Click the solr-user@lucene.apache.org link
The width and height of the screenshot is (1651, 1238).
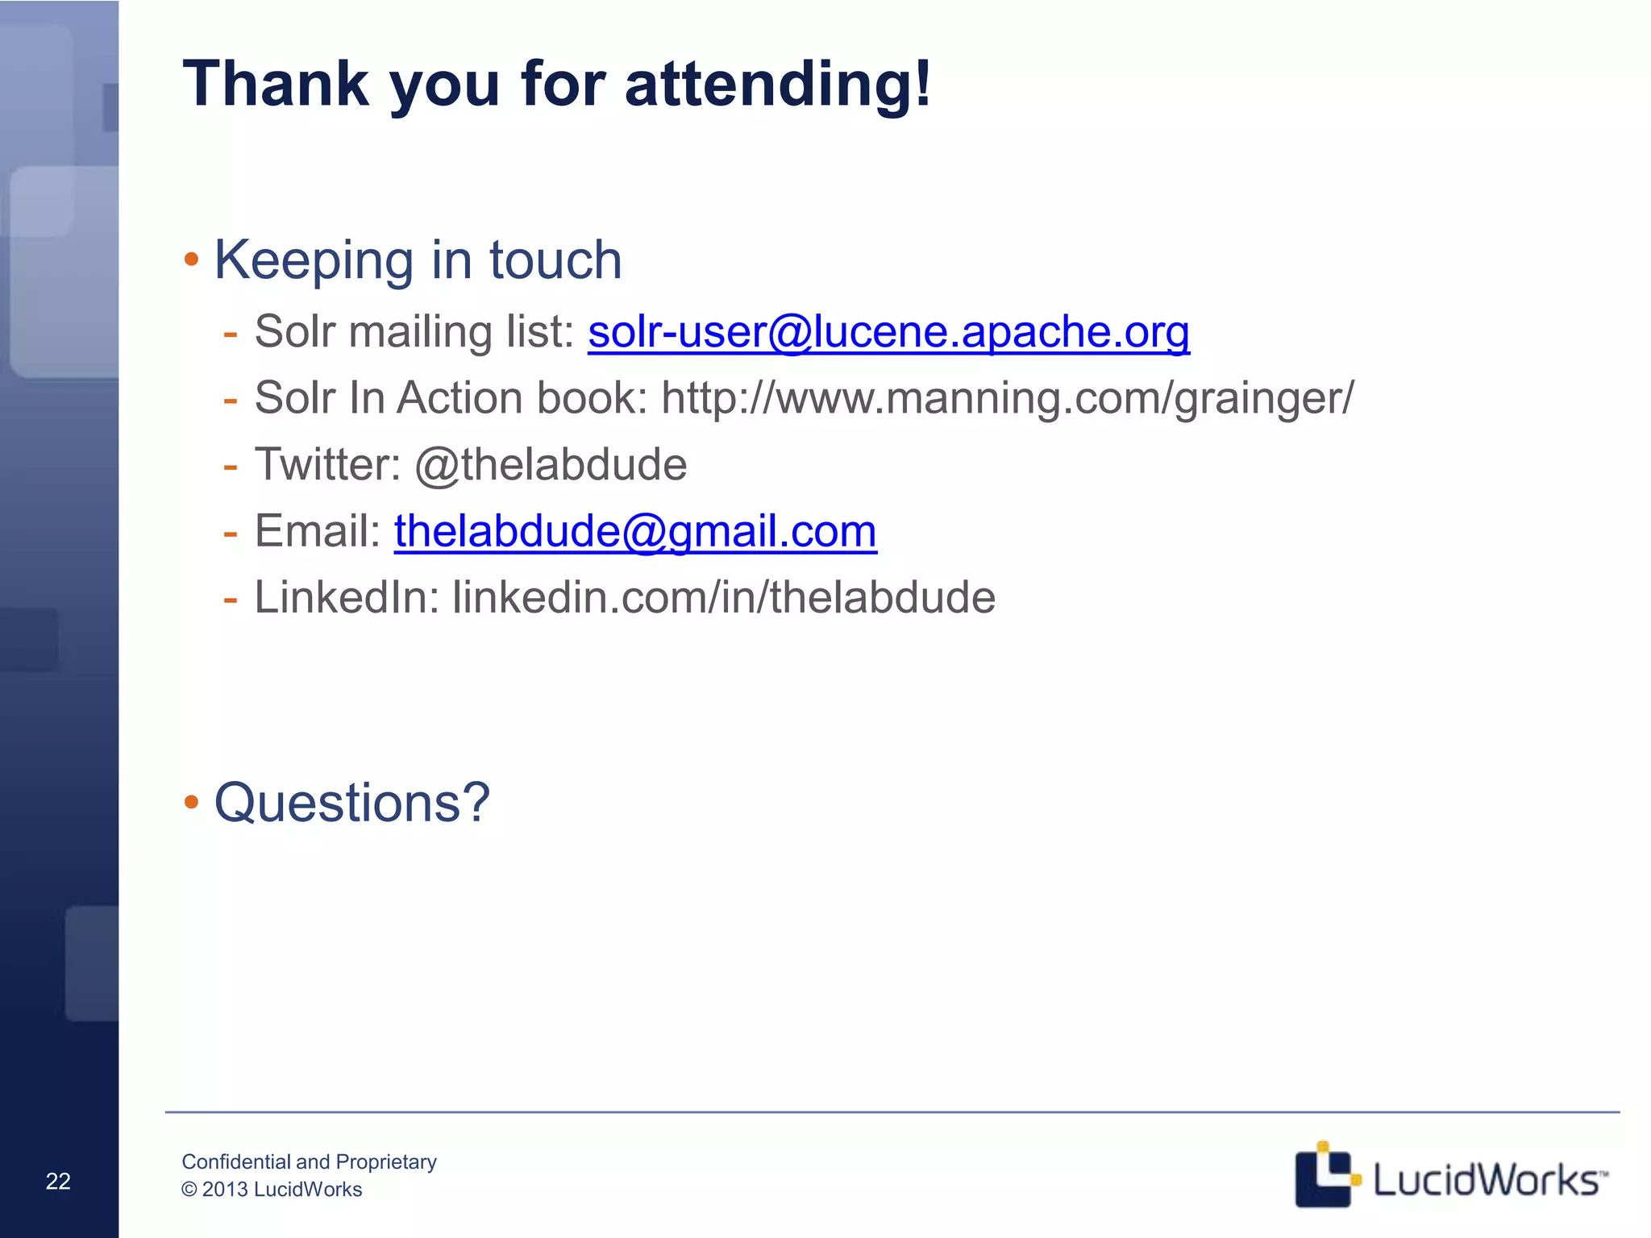point(888,332)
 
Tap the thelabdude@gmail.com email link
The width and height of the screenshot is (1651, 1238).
point(635,532)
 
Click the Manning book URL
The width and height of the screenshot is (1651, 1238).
point(1008,398)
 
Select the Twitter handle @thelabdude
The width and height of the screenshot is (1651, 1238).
point(551,465)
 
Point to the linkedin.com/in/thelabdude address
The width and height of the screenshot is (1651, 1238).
point(724,598)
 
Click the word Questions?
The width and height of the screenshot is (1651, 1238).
point(352,803)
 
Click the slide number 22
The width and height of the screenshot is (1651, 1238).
point(58,1182)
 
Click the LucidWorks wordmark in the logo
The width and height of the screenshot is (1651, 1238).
point(1488,1181)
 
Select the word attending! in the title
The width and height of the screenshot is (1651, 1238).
point(778,85)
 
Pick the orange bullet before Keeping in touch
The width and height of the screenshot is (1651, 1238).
point(191,260)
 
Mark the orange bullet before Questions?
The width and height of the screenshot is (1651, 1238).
point(191,802)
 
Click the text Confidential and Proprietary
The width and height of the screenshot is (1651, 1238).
point(309,1161)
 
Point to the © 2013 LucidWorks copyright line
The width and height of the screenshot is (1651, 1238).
point(272,1190)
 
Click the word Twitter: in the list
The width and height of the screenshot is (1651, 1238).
point(327,465)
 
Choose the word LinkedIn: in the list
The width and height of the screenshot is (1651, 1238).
point(347,598)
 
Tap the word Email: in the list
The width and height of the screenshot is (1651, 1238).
point(318,532)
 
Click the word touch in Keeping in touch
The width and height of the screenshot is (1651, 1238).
point(555,260)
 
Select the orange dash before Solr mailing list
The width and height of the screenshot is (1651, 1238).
point(231,333)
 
